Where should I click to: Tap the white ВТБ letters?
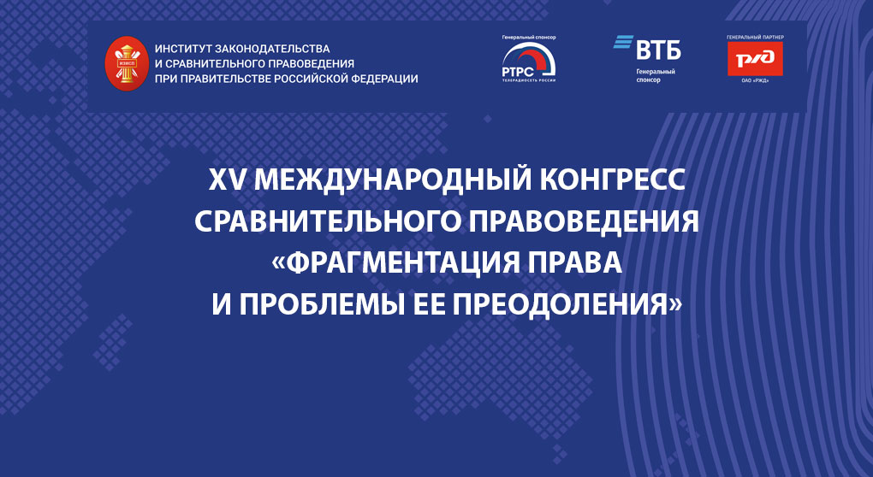click(x=658, y=48)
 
